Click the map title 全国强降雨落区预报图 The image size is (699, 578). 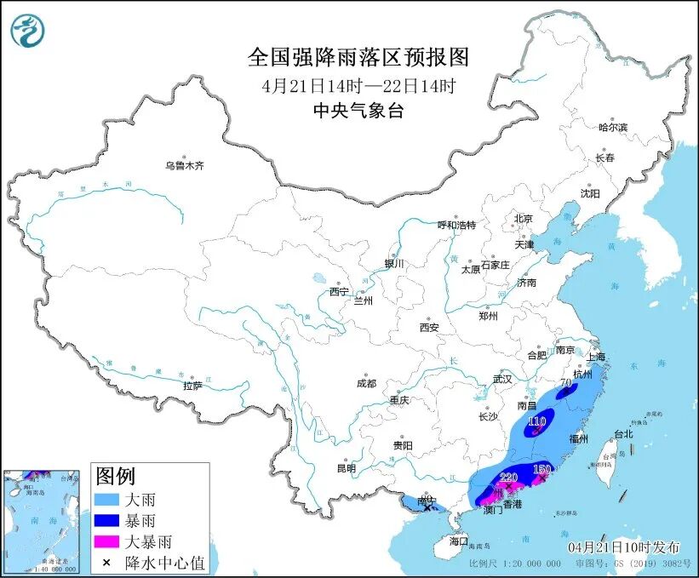pyautogui.click(x=358, y=58)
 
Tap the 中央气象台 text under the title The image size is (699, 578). pyautogui.click(x=358, y=111)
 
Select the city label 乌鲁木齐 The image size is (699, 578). pyautogui.click(x=185, y=166)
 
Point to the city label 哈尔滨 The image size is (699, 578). pyautogui.click(x=612, y=128)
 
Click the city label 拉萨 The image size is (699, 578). pyautogui.click(x=192, y=386)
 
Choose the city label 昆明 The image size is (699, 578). pyautogui.click(x=346, y=468)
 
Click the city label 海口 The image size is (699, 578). pyautogui.click(x=459, y=541)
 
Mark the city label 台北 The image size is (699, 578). pyautogui.click(x=623, y=434)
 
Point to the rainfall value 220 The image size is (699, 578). pyautogui.click(x=508, y=477)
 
